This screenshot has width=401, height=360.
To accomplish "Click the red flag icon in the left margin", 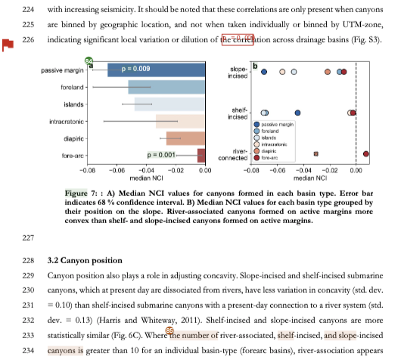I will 8,45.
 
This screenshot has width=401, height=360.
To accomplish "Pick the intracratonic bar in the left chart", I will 180,121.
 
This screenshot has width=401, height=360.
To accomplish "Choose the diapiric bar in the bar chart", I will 185,138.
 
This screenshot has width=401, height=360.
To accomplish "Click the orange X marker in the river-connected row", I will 316,154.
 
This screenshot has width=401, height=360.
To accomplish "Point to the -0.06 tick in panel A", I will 117,171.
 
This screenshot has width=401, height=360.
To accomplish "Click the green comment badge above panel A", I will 89,61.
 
